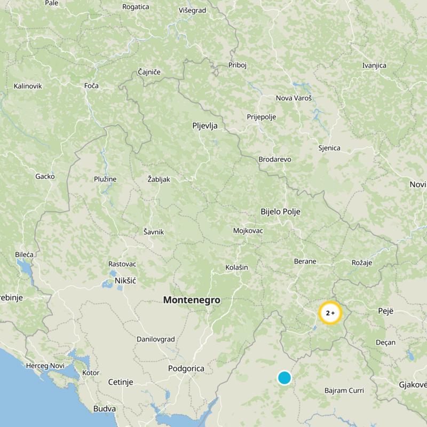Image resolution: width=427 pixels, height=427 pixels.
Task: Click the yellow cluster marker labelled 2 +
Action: (x=330, y=313)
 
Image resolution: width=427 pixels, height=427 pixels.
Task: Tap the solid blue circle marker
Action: (x=284, y=378)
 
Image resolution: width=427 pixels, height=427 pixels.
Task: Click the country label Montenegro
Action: (x=192, y=300)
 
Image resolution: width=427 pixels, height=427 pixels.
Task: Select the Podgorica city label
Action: (x=186, y=368)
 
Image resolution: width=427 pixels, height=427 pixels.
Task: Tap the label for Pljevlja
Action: (x=205, y=126)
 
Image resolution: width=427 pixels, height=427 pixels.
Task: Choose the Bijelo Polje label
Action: (x=280, y=212)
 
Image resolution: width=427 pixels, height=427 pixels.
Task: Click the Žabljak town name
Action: (x=159, y=179)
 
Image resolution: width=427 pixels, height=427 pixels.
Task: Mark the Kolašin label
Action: (x=236, y=267)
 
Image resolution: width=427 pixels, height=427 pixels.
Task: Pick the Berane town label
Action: (x=305, y=262)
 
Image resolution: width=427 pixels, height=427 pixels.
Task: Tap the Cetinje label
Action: (x=121, y=382)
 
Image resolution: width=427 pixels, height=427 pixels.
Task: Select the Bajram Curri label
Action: (x=344, y=391)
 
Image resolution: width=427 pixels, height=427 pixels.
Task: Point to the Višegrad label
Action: (x=192, y=10)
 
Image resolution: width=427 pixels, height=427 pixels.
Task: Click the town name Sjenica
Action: (x=329, y=148)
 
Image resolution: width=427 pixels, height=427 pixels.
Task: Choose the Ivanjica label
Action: (x=374, y=66)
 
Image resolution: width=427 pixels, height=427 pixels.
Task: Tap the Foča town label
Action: (x=91, y=85)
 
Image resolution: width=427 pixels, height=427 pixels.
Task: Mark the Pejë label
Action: (x=385, y=311)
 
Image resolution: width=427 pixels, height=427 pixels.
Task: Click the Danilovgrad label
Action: (x=155, y=339)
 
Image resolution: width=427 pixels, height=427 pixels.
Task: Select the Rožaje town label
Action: (x=362, y=262)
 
